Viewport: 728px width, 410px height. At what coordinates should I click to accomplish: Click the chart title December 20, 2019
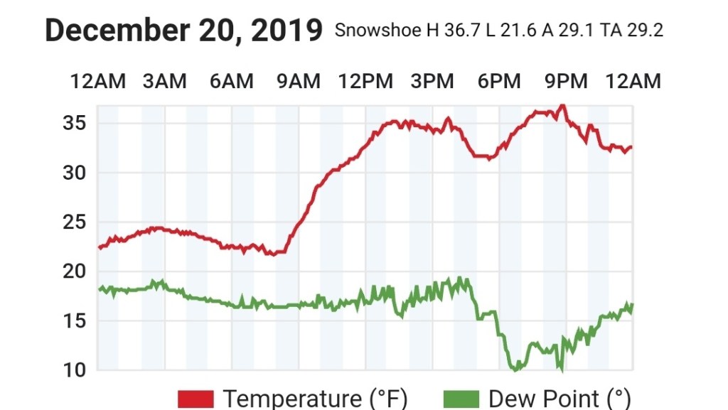[183, 31]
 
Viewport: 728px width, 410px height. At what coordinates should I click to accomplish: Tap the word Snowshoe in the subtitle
[366, 31]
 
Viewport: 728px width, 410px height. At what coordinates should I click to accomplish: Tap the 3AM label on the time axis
[165, 82]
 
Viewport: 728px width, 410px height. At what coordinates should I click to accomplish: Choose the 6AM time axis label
[232, 82]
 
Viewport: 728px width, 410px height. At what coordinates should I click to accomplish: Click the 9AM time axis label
[299, 82]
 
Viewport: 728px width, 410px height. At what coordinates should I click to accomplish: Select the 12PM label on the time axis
[365, 82]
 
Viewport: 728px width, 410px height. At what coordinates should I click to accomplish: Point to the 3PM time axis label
[432, 82]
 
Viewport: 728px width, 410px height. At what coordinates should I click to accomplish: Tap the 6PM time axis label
[499, 82]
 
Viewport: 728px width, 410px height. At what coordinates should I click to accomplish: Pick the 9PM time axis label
[566, 82]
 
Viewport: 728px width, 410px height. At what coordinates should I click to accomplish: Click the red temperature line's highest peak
[562, 106]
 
